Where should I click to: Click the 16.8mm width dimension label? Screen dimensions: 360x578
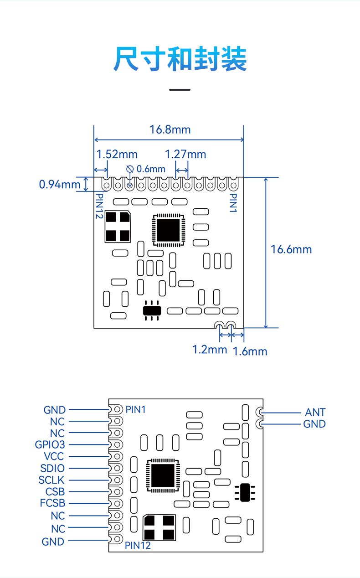170,129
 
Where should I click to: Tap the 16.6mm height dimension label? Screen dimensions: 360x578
291,249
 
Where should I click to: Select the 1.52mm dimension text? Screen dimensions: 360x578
117,155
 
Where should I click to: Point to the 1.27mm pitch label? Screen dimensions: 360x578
185,155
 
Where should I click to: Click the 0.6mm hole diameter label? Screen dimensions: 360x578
151,169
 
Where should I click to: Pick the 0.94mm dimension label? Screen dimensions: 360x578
60,185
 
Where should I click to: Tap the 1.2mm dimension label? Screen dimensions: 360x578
210,350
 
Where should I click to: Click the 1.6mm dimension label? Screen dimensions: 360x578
250,351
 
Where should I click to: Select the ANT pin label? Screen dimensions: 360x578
315,413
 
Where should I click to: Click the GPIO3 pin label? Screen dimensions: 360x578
50,444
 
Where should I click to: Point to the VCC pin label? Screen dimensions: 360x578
54,456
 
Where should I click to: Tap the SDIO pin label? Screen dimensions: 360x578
52,468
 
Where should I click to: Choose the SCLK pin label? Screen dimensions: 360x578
51,480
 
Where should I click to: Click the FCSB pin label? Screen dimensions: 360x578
52,503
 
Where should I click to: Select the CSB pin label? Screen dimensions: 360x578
55,491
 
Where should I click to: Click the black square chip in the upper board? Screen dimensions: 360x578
169,230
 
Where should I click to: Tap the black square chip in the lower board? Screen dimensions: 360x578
163,475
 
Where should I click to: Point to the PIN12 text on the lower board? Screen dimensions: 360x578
138,545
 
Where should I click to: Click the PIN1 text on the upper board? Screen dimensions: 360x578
233,203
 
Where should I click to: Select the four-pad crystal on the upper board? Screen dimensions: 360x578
118,227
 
